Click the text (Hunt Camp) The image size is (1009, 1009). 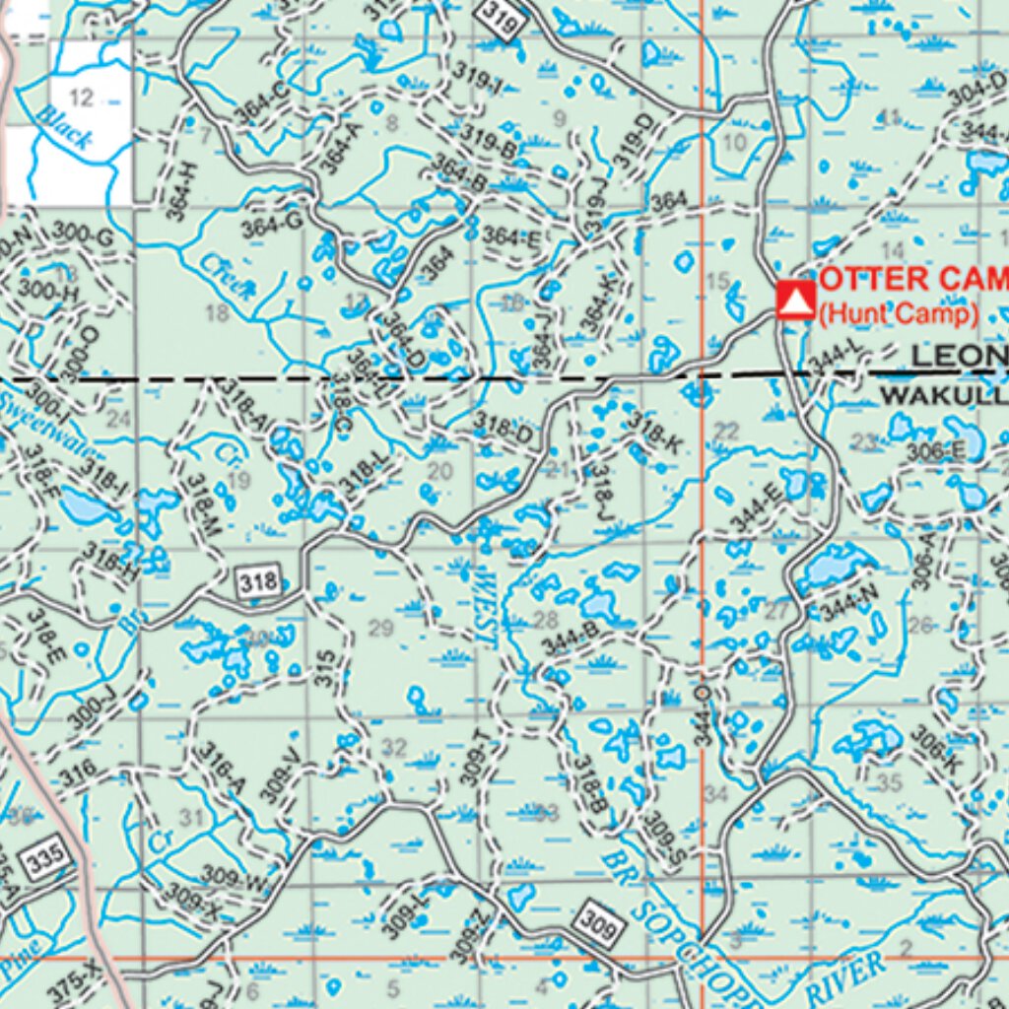click(x=898, y=313)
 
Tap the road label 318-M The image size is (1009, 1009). click(x=203, y=505)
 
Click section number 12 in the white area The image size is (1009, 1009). click(x=82, y=96)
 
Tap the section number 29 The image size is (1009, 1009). click(x=380, y=629)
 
